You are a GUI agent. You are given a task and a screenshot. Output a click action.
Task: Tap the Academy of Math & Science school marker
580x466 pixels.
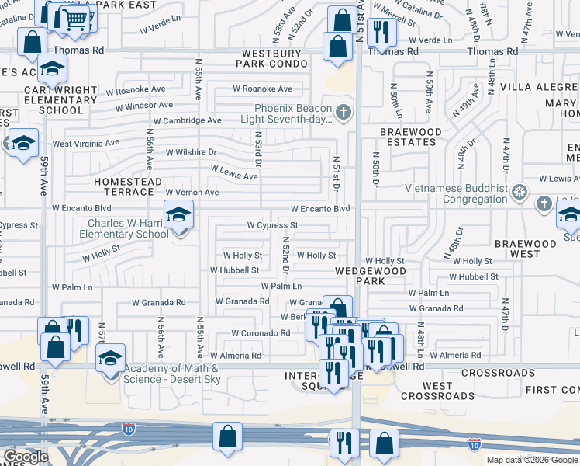tap(111, 360)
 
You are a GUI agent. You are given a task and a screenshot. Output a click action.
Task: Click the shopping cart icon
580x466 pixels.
tap(75, 19)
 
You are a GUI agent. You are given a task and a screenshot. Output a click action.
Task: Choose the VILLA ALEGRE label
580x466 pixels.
tap(539, 86)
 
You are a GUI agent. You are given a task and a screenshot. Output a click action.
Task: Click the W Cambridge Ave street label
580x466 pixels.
tap(187, 120)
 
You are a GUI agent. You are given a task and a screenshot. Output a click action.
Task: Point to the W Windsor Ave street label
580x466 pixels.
tap(140, 105)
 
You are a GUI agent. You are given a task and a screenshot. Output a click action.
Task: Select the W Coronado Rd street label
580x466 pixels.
tap(261, 333)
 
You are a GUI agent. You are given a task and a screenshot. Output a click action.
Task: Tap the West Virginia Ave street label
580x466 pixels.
tap(86, 144)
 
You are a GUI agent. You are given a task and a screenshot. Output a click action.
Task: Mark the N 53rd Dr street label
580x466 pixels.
tap(258, 148)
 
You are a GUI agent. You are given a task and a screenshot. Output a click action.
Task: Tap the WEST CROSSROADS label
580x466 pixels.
tap(437, 391)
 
